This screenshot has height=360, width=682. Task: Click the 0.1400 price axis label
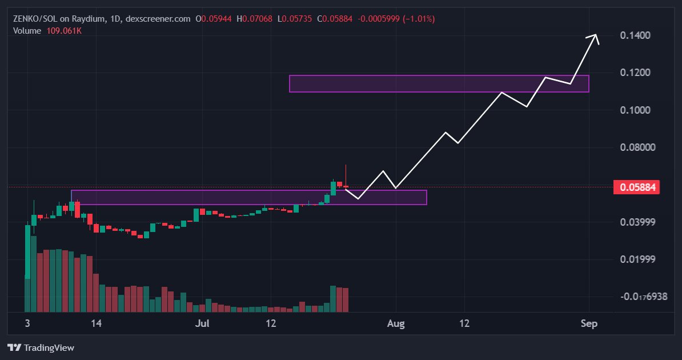[x=635, y=35]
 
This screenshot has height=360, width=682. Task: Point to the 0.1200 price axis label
[x=635, y=73]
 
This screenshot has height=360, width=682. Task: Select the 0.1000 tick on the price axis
[x=635, y=110]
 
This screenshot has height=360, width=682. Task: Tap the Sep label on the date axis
[x=589, y=324]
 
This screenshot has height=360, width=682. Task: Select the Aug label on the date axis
[x=395, y=324]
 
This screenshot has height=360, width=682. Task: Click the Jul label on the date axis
[x=201, y=324]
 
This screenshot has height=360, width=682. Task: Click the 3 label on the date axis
[x=27, y=324]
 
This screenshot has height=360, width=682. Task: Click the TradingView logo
[x=41, y=347]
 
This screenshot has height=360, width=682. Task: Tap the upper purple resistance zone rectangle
[x=439, y=83]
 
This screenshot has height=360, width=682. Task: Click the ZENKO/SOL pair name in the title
[x=34, y=19]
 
